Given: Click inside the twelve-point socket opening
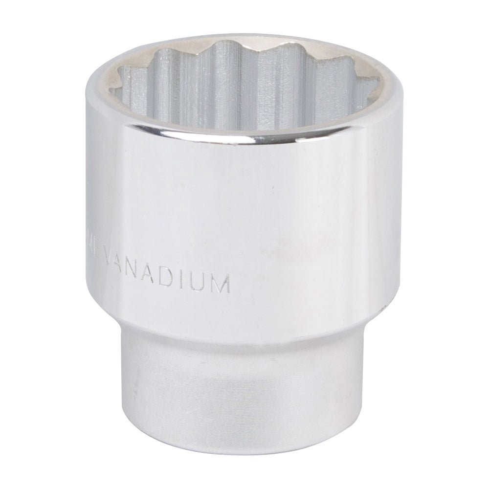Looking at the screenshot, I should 235,93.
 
